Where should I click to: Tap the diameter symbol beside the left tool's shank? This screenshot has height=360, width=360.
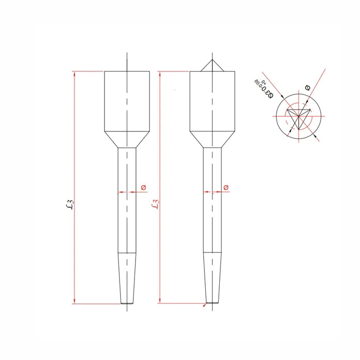pos(144,187)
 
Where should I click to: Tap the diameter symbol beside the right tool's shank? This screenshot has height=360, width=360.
pos(226,187)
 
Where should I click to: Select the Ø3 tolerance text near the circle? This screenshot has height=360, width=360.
pos(263,88)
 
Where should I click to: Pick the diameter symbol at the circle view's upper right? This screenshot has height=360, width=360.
pos(308,88)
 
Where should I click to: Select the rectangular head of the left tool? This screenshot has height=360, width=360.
pos(127,101)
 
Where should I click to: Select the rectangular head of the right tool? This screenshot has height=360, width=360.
pos(212,101)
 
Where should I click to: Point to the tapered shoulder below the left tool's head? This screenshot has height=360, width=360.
pos(127,139)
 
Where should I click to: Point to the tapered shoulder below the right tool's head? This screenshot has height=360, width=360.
pos(212,139)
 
